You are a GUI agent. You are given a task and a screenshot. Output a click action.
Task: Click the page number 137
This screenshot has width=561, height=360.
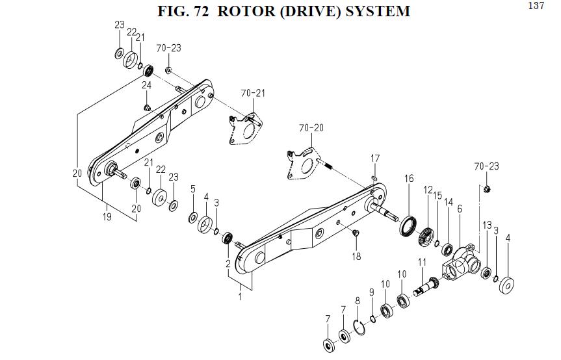click(x=536, y=6)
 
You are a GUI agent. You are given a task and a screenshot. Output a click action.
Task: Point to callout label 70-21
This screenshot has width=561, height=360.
click(x=253, y=94)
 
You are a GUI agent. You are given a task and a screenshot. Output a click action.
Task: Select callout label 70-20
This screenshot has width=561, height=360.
click(x=311, y=128)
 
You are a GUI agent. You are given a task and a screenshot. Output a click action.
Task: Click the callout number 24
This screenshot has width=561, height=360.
click(x=147, y=86)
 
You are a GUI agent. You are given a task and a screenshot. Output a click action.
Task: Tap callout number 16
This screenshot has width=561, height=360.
click(x=408, y=179)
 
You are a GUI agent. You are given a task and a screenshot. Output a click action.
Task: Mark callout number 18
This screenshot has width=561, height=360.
click(x=356, y=256)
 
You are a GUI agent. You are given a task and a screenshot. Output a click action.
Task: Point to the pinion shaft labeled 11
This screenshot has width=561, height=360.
click(x=426, y=284)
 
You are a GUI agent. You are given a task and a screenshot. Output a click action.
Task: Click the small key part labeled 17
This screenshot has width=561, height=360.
click(x=375, y=174)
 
